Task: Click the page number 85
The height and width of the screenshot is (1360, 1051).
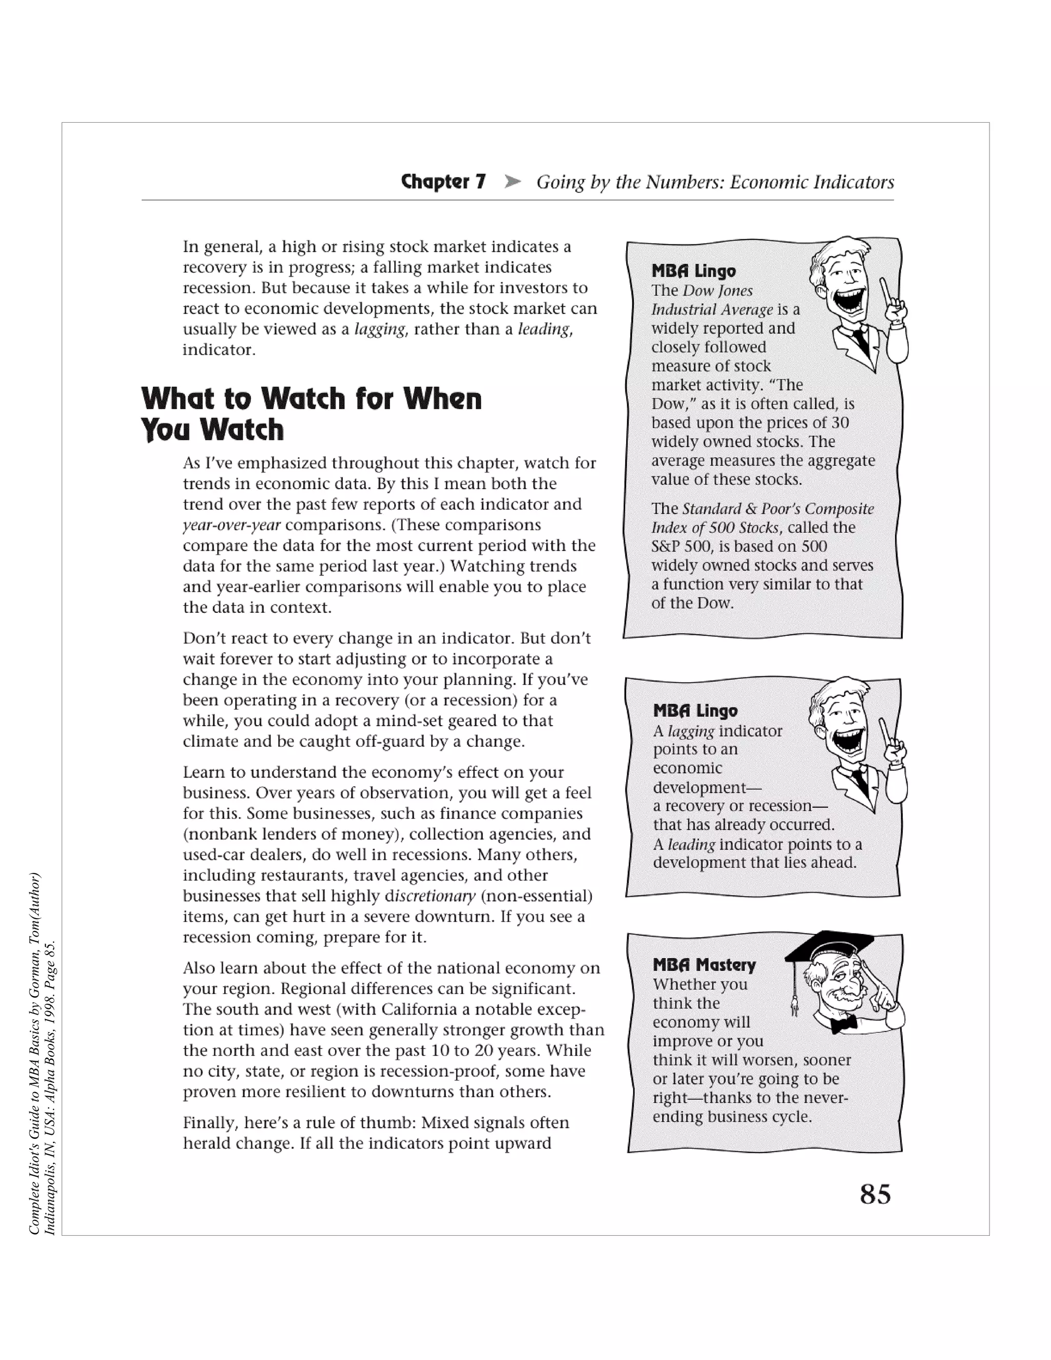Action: (875, 1194)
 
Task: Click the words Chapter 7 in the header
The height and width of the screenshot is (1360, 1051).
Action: (443, 181)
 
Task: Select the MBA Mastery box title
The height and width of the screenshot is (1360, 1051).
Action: (704, 965)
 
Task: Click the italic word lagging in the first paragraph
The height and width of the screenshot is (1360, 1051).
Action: (380, 329)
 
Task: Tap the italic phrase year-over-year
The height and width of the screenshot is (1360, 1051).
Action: (231, 525)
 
